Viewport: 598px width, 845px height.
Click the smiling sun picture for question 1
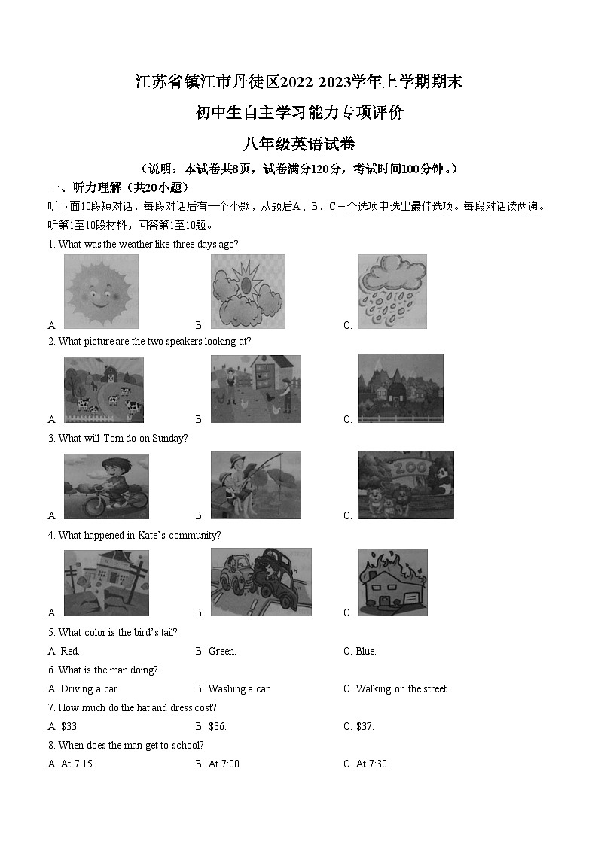[101, 291]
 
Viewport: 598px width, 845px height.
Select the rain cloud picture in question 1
[392, 291]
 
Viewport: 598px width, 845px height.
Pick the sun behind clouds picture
[248, 291]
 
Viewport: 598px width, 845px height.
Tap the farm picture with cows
[103, 389]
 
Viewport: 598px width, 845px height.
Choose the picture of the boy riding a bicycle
[106, 486]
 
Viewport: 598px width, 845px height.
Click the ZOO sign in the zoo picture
[416, 469]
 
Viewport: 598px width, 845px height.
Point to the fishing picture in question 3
[255, 485]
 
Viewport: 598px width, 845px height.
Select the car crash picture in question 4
[261, 582]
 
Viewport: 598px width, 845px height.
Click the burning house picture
[392, 582]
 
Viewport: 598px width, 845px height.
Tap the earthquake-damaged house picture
[106, 582]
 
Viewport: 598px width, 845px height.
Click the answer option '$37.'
[365, 726]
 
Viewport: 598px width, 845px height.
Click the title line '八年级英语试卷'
[299, 144]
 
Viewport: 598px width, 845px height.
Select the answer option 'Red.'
[69, 651]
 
